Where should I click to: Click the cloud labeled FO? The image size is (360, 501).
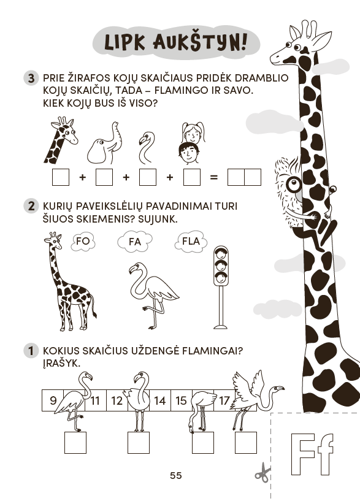click(x=83, y=241)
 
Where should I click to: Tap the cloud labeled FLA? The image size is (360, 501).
click(x=191, y=242)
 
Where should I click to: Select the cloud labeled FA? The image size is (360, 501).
click(x=135, y=242)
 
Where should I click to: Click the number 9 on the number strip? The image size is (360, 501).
click(x=53, y=400)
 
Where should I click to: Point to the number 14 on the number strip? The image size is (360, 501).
click(x=159, y=400)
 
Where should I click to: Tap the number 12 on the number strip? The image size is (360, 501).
click(x=117, y=400)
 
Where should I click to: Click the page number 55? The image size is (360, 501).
click(x=175, y=476)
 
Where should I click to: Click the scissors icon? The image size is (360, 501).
click(x=262, y=473)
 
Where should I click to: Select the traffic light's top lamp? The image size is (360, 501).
click(x=220, y=254)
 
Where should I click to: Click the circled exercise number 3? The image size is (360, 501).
click(x=31, y=78)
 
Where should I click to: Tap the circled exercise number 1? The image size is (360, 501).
click(x=31, y=351)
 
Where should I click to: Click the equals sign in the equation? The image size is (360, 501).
click(x=213, y=177)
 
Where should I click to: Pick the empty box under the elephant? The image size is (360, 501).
click(x=104, y=177)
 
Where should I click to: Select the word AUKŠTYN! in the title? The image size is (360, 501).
click(x=201, y=42)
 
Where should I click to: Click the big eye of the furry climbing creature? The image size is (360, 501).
click(x=294, y=185)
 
